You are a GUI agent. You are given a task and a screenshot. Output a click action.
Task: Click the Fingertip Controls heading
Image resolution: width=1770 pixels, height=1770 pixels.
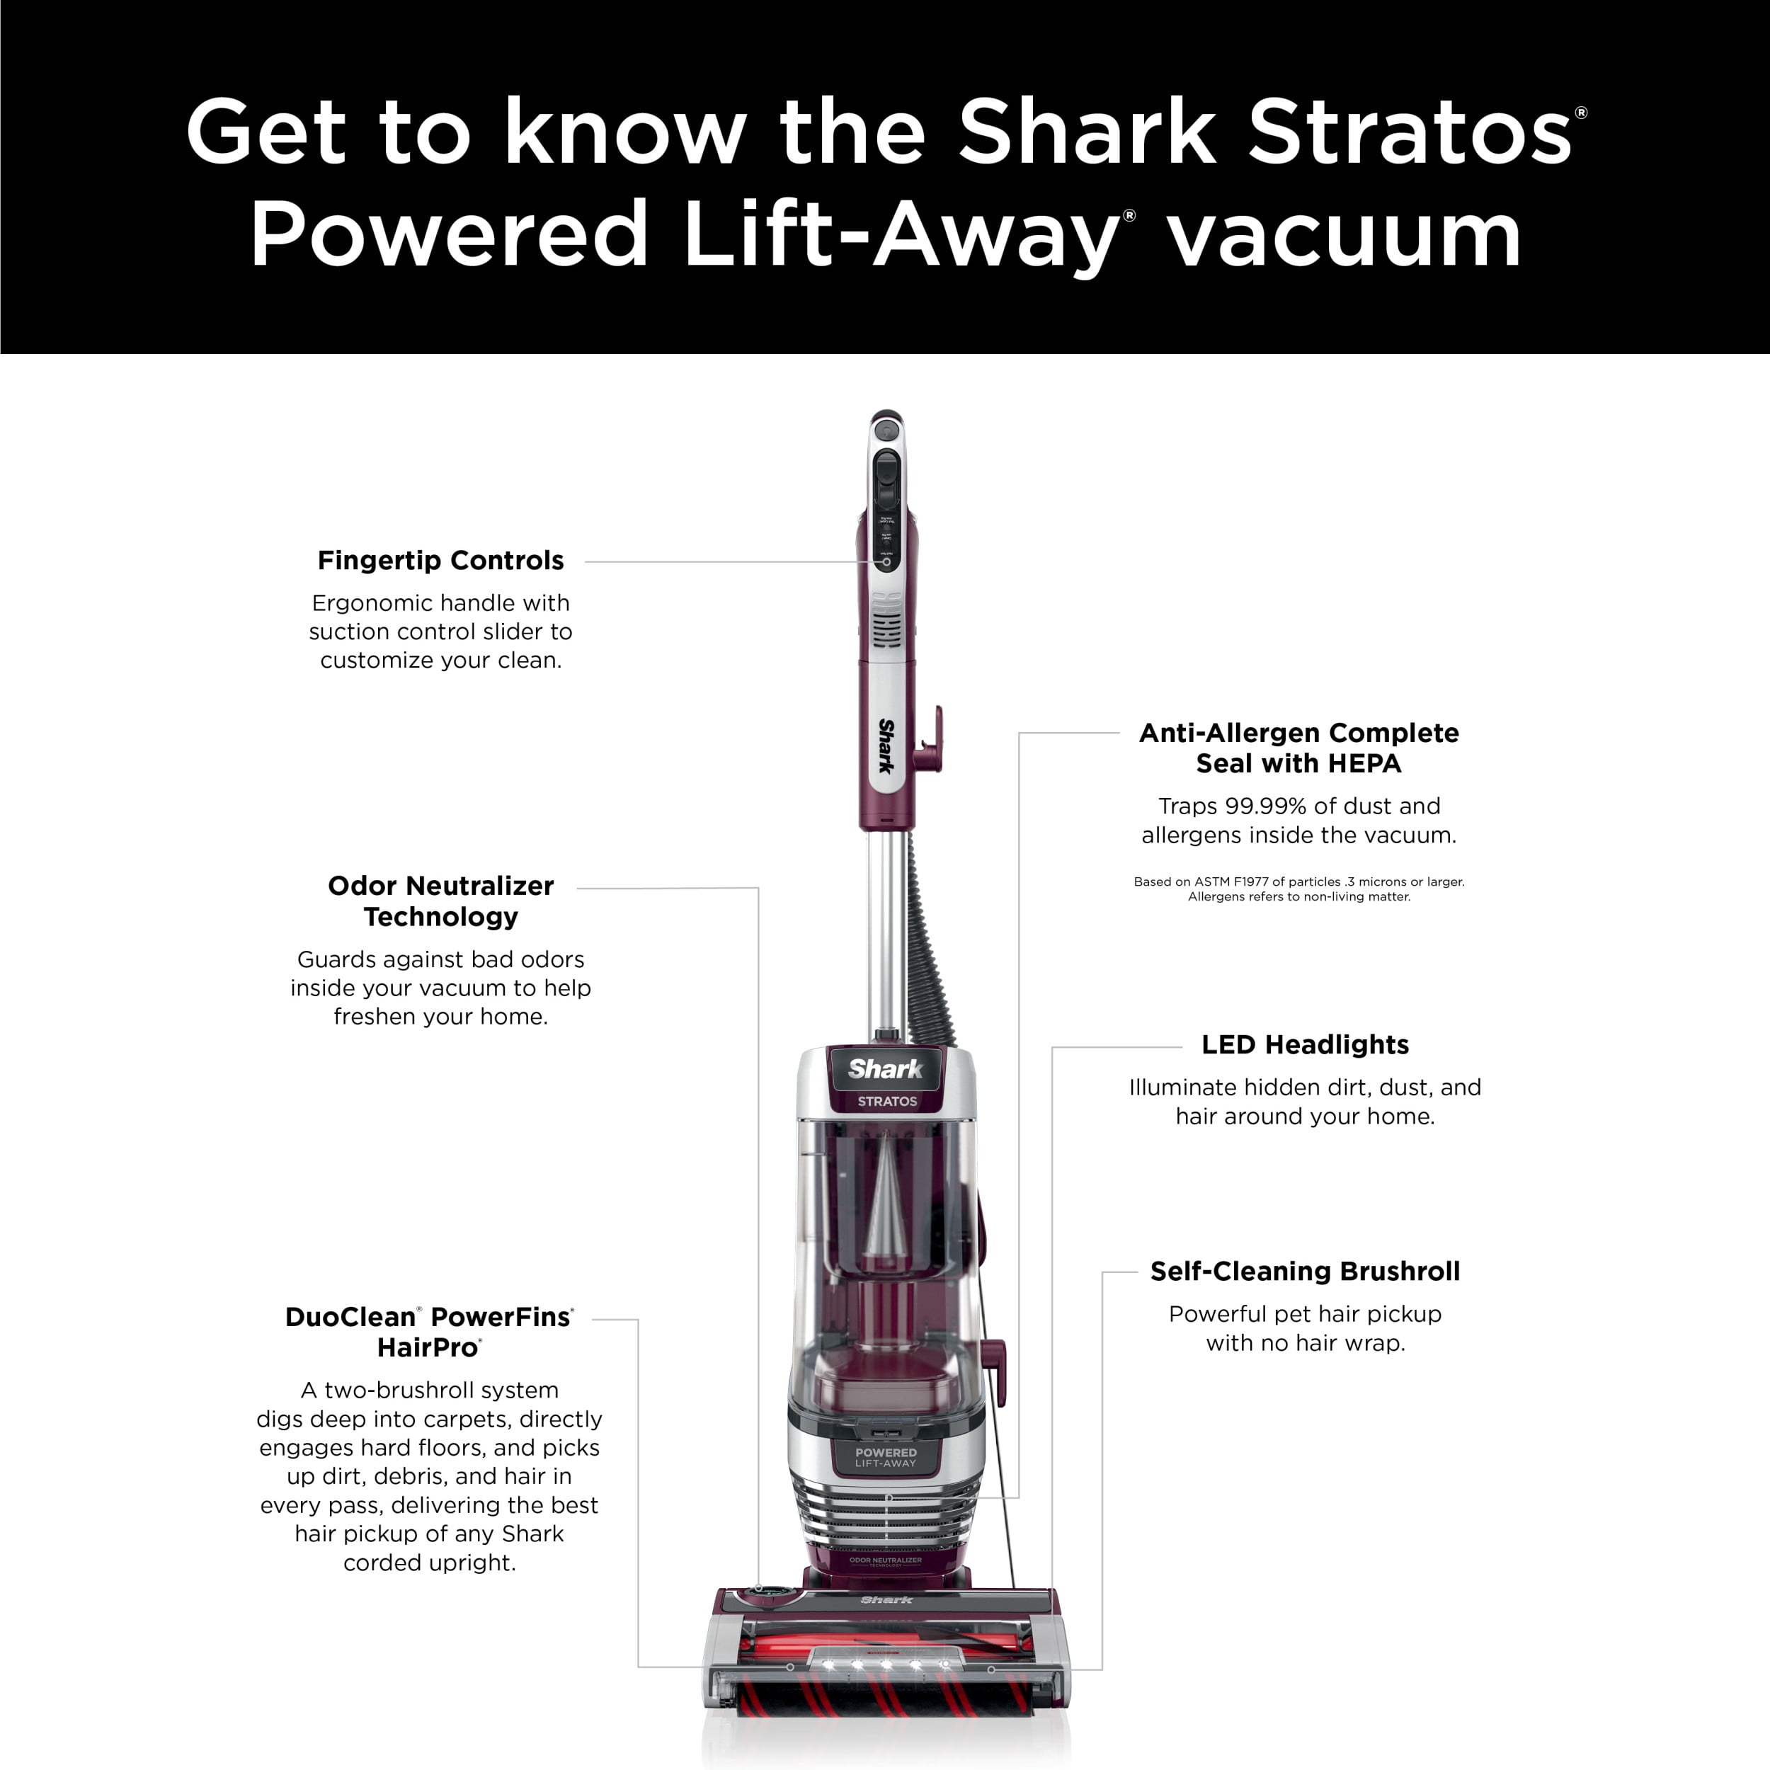tap(440, 561)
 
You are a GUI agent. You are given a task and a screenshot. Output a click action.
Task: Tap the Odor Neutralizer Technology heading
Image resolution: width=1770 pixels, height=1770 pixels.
tap(440, 901)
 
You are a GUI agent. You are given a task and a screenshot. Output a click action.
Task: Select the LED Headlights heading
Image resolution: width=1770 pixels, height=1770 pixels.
tap(1305, 1044)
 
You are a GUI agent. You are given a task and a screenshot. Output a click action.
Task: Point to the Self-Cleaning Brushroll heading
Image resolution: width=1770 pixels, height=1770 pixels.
tap(1305, 1272)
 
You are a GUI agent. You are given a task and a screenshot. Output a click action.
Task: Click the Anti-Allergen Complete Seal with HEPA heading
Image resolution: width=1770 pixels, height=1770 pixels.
tap(1298, 748)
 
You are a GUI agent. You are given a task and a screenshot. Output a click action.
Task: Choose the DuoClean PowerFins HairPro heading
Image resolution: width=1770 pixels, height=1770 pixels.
tap(429, 1332)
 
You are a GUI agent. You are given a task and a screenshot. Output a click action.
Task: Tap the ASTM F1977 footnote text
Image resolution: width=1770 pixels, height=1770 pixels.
tap(1299, 889)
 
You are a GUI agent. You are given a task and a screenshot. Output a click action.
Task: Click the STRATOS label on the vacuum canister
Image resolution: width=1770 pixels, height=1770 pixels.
tap(887, 1101)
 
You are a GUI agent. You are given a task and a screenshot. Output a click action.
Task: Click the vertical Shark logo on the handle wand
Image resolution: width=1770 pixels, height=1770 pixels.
tap(886, 746)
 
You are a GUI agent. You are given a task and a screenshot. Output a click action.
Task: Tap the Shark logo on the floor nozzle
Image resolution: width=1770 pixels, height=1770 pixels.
tap(886, 1599)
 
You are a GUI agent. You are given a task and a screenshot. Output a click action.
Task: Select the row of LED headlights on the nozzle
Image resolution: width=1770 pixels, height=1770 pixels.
tap(885, 1664)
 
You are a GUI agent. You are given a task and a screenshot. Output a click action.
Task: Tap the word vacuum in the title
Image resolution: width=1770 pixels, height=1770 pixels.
tap(1344, 236)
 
